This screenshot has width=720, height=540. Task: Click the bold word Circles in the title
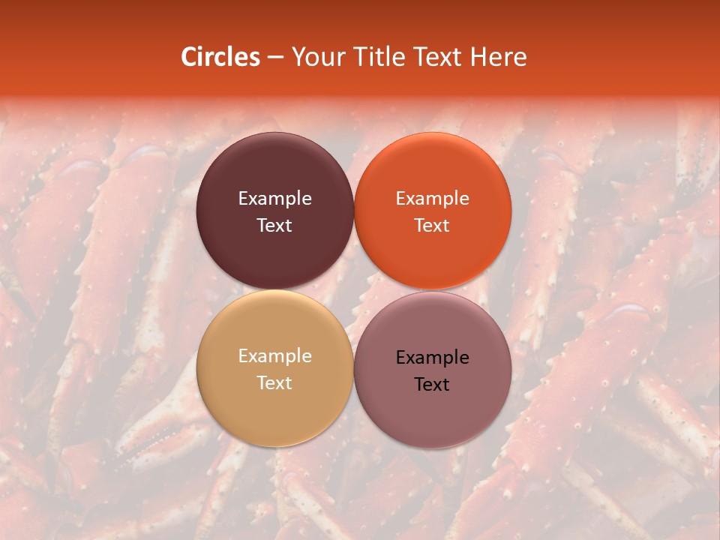click(220, 57)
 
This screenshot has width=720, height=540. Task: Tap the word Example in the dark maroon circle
click(274, 199)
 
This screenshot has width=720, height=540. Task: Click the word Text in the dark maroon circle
click(274, 225)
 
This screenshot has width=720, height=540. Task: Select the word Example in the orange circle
click(432, 199)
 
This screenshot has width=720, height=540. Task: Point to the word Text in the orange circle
click(432, 225)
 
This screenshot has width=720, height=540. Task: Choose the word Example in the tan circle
click(274, 356)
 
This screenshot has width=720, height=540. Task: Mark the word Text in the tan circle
click(274, 382)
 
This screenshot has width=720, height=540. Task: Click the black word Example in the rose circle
click(432, 358)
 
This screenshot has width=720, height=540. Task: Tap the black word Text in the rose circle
click(432, 384)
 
